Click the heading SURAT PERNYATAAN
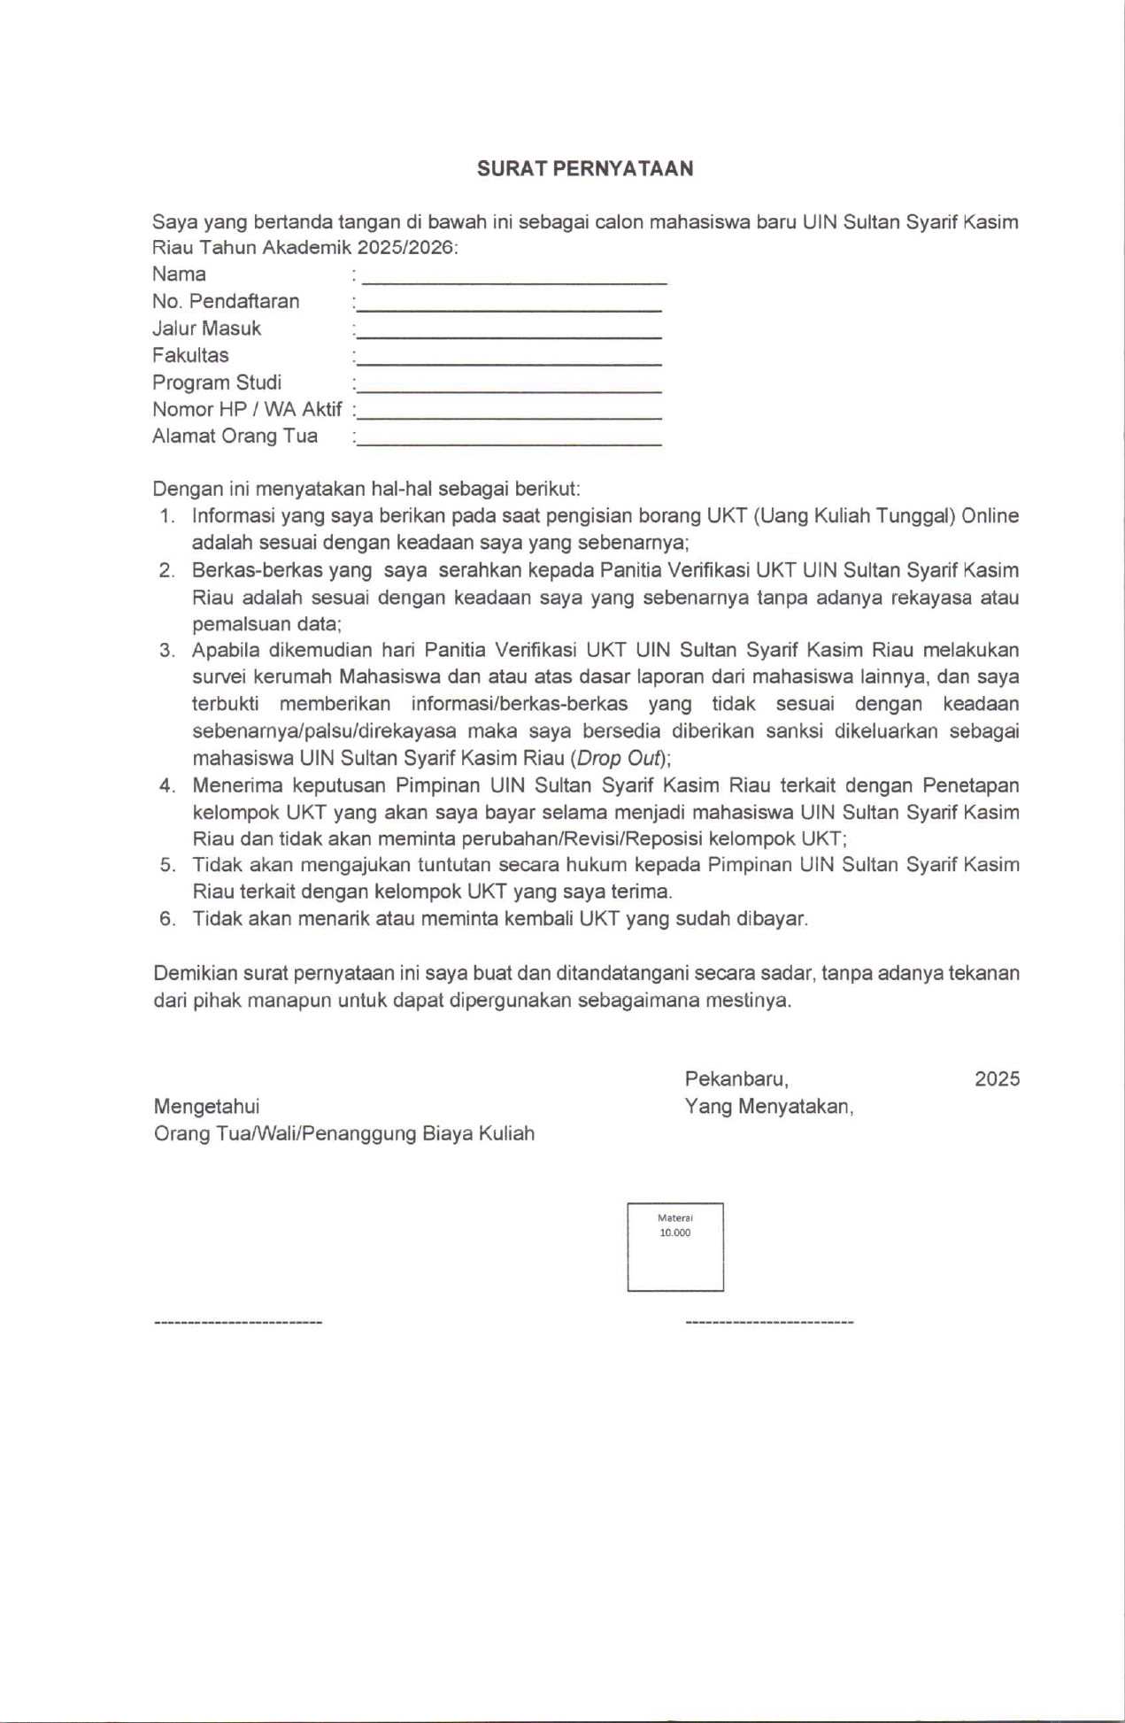tap(585, 169)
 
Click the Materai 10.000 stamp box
tap(675, 1247)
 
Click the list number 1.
tap(167, 516)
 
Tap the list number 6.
tap(167, 919)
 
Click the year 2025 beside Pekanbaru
tap(997, 1079)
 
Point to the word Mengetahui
tap(206, 1107)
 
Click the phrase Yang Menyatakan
tap(768, 1107)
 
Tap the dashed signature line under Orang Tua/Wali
tap(238, 1323)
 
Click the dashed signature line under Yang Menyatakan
tap(769, 1323)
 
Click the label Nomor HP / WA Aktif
tap(247, 410)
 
